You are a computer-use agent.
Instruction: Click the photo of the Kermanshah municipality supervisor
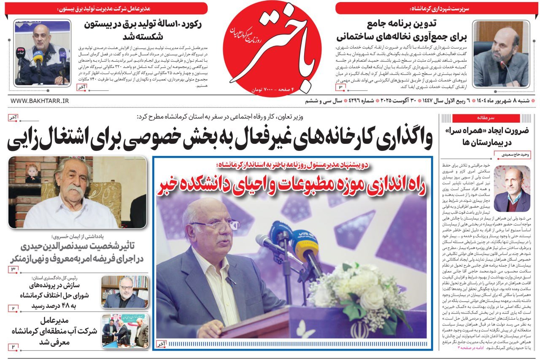[501, 54]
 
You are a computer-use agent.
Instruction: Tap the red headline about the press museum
[292, 185]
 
